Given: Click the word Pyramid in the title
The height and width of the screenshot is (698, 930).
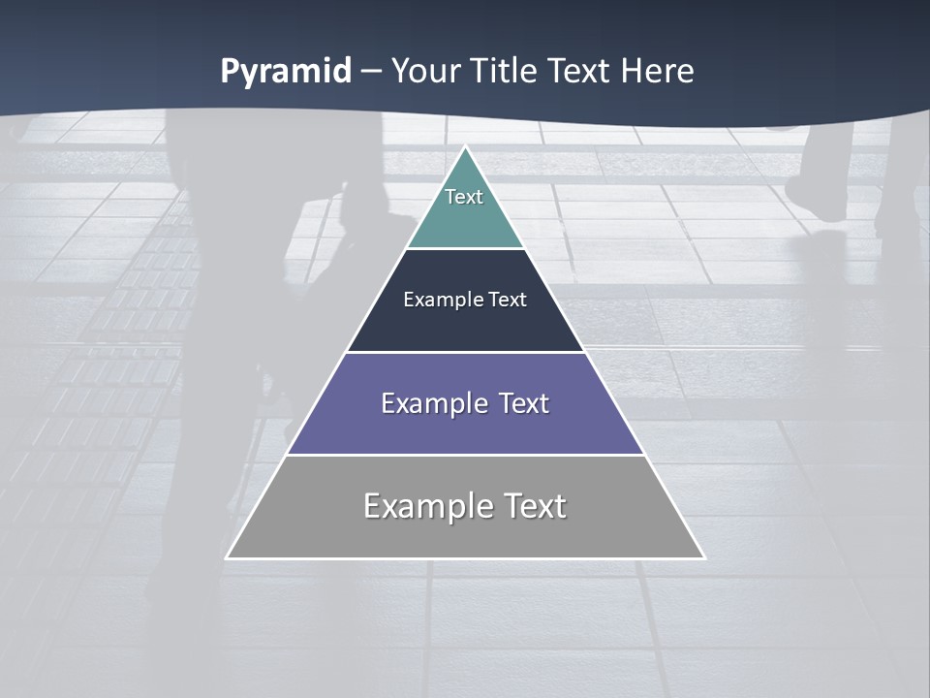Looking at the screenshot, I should point(286,72).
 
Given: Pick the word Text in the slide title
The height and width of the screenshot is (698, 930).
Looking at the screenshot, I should point(582,71).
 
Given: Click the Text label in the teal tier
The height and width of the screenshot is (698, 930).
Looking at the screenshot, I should point(464,197).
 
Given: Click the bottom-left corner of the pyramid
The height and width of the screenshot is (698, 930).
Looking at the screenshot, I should point(227,558).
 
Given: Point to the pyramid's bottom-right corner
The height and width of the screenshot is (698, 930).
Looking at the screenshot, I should point(704,558).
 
